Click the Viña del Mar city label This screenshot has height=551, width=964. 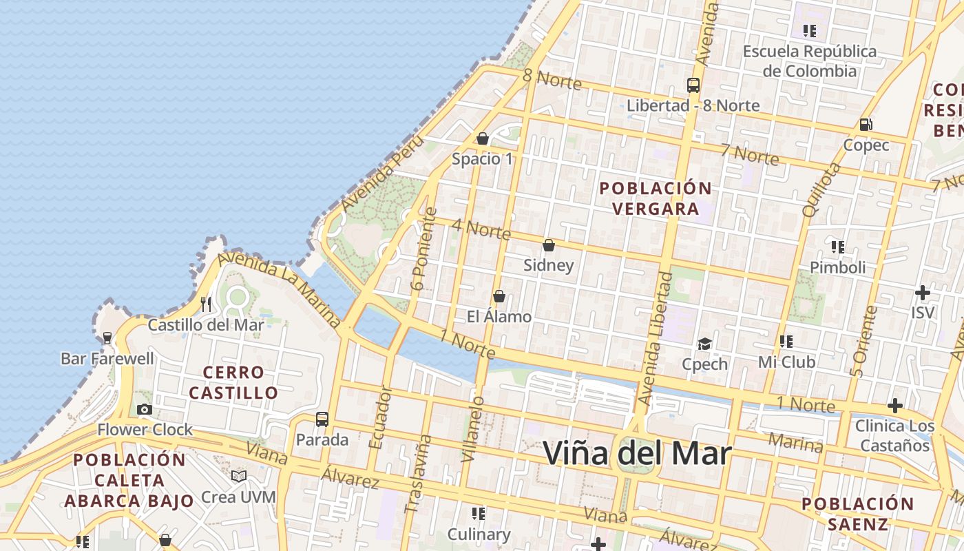(637, 453)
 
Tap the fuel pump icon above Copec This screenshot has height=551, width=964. (866, 125)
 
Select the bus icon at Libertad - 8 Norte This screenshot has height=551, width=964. (693, 85)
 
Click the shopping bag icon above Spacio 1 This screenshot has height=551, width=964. (483, 138)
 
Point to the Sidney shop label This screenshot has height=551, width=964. (548, 265)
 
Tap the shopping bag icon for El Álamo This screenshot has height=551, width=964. (499, 296)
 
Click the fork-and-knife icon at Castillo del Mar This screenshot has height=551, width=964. (206, 304)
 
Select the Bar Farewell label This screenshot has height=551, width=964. (107, 358)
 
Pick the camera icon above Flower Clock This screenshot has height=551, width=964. (145, 409)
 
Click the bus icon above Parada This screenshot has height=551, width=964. (322, 419)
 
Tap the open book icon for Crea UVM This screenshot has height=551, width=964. (239, 476)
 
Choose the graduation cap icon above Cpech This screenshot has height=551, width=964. (704, 344)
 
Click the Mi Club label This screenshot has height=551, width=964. (786, 362)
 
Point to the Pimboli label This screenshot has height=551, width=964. (837, 267)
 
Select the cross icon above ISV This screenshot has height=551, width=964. (923, 293)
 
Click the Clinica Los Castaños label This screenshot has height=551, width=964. (894, 435)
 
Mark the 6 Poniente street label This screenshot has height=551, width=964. (426, 249)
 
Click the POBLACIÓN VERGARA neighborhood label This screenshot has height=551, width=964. (655, 198)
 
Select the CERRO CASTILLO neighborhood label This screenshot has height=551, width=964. (233, 382)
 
